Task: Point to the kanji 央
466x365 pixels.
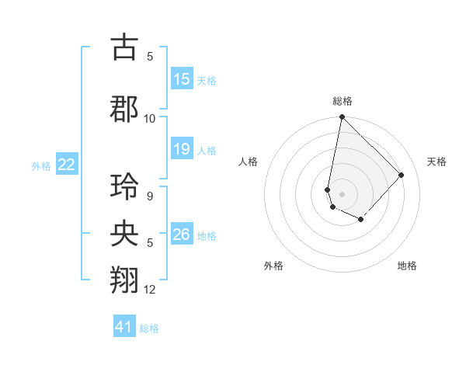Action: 125,233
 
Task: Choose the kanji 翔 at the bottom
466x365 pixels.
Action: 125,280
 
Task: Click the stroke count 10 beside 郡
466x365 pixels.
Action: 150,119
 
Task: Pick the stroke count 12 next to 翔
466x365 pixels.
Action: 150,290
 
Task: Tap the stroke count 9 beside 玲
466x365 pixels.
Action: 150,196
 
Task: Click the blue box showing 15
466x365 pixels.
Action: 182,79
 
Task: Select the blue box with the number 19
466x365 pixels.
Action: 182,149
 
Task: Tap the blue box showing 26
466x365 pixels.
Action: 182,235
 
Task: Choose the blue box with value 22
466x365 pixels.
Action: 67,164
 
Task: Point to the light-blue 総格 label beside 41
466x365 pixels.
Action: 149,328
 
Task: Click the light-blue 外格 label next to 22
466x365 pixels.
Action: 41,165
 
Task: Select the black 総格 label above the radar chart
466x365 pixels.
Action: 343,101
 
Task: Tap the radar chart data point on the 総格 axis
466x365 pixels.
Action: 342,117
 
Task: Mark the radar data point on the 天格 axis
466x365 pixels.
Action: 402,175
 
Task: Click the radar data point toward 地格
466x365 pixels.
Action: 361,221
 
